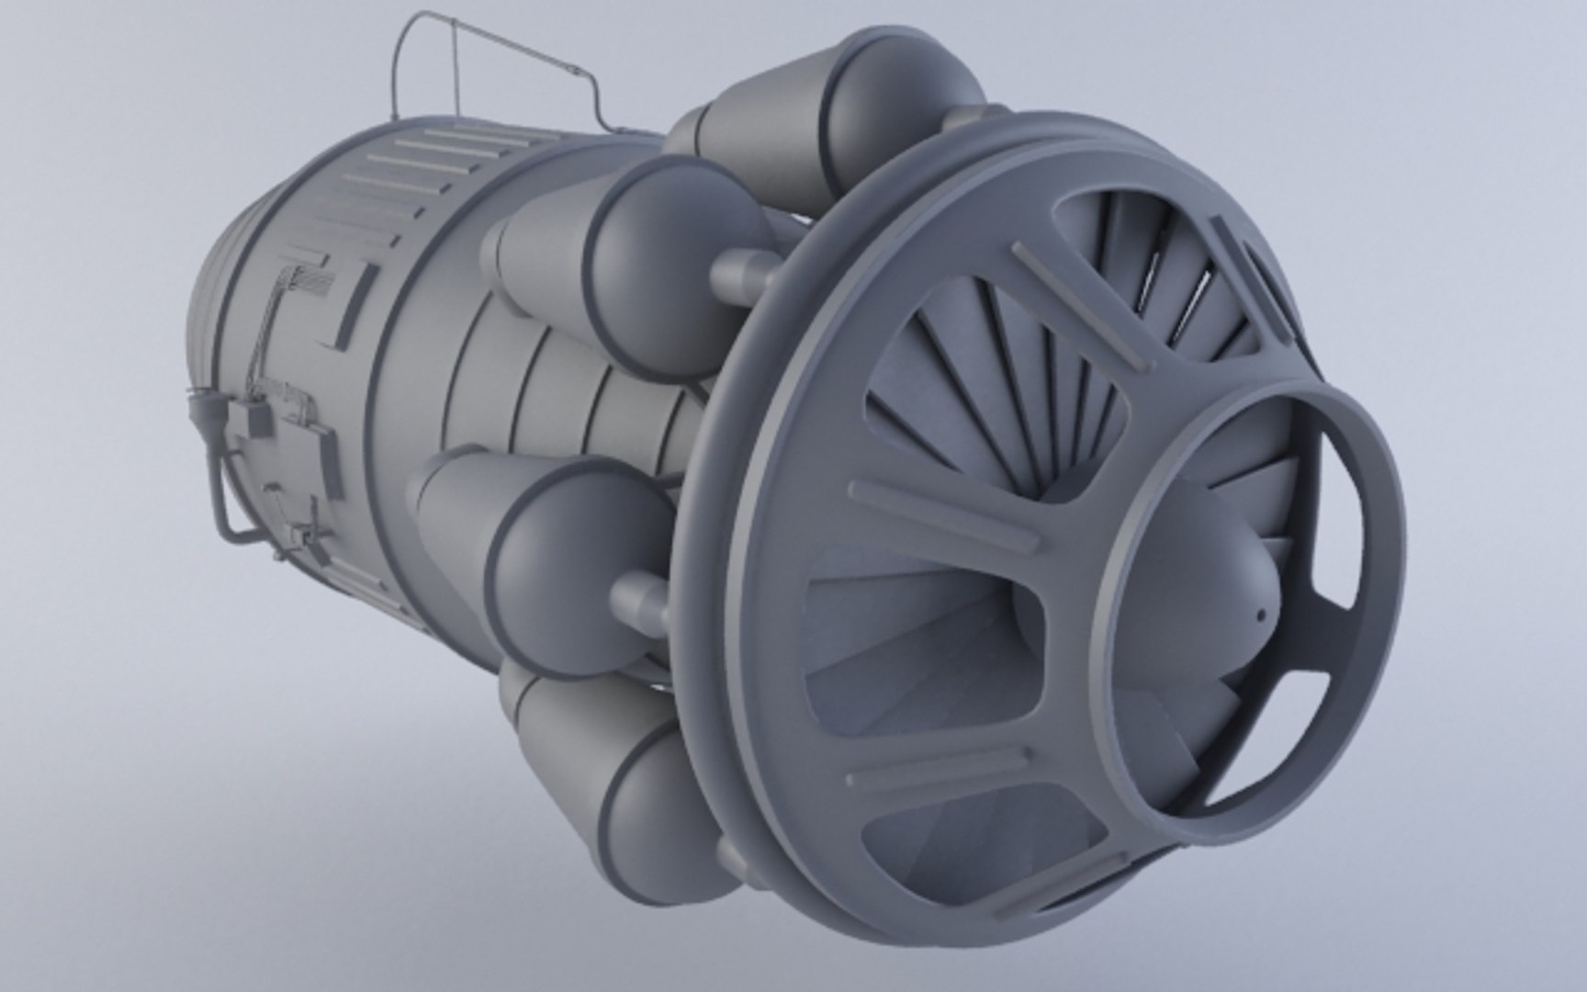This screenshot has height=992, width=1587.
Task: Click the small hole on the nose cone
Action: [x=1261, y=614]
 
